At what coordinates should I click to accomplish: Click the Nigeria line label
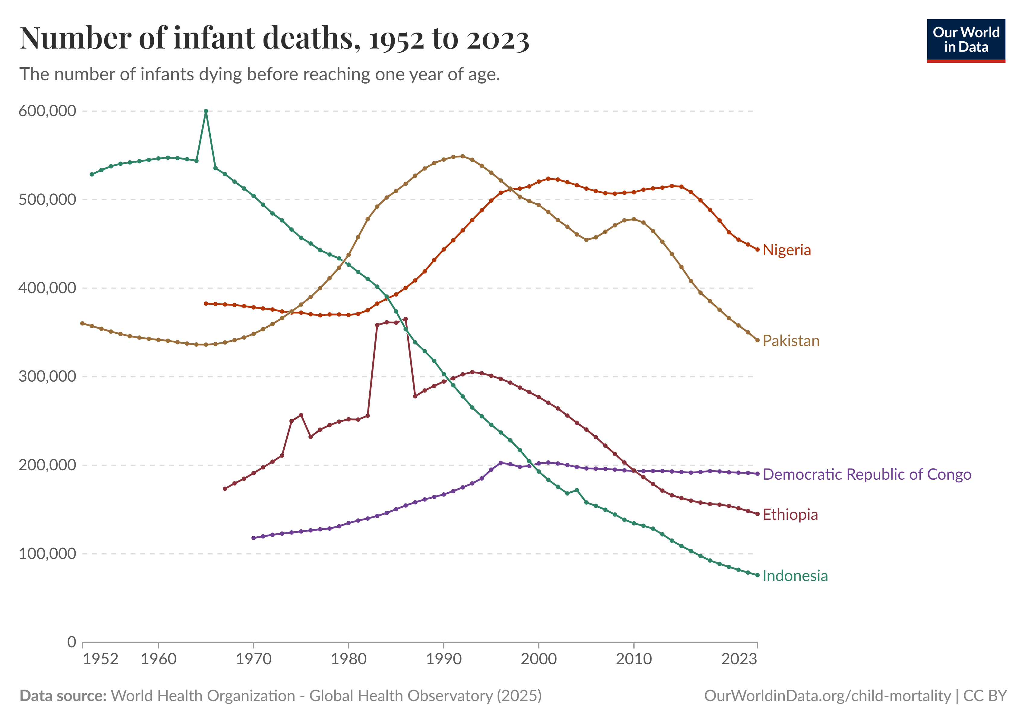[786, 250]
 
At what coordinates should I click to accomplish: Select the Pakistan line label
[791, 341]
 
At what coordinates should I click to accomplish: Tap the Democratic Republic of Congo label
[866, 474]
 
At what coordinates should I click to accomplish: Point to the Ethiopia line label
[790, 515]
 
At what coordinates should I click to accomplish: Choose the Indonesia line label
[795, 576]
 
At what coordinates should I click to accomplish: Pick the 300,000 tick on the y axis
[47, 376]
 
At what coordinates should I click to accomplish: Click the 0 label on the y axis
[71, 642]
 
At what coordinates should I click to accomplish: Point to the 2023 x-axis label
[739, 659]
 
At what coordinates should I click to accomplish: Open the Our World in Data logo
[966, 40]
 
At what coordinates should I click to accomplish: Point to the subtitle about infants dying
[259, 75]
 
